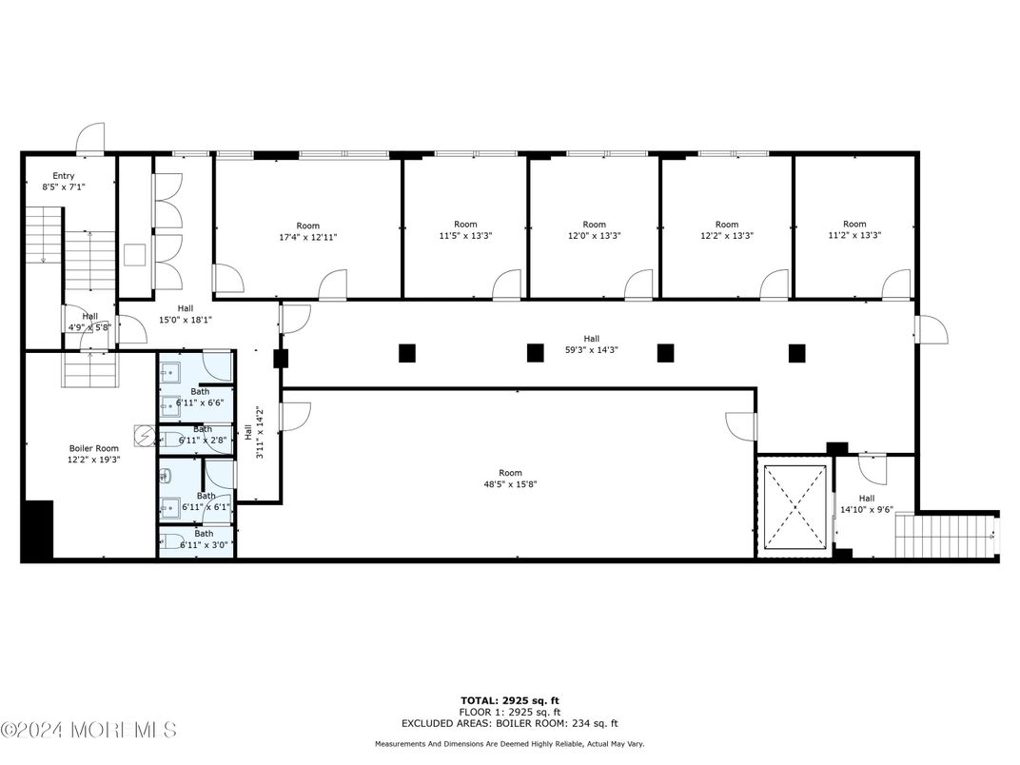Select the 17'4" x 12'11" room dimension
coord(308,237)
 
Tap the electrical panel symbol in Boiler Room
coord(144,437)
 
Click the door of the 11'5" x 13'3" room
coord(507,284)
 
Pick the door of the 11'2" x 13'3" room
coord(896,284)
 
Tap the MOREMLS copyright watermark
coord(88,731)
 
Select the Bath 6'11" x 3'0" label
coord(198,539)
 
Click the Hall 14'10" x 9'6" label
coord(866,503)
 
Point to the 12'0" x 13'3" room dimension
coord(594,236)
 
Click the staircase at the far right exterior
coord(947,536)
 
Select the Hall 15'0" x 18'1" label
coord(185,314)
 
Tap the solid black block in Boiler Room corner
coord(38,530)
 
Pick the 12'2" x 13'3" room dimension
coord(726,236)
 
